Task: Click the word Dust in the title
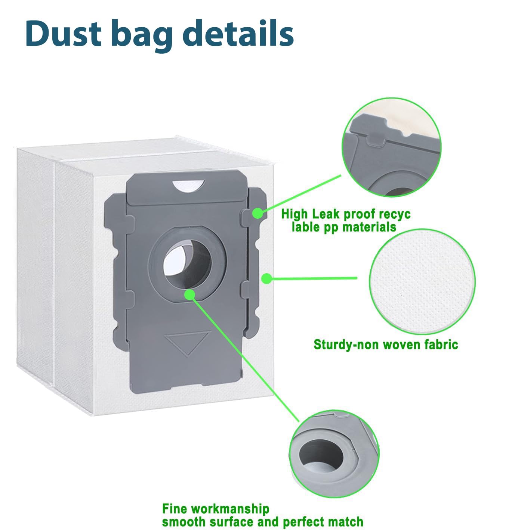[x=64, y=33]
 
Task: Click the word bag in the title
[x=142, y=35]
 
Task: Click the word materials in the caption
[x=369, y=227]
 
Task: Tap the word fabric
[x=441, y=344]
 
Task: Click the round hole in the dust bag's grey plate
[x=187, y=264]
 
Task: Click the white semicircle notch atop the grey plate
[x=188, y=185]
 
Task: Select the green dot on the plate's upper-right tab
[x=257, y=213]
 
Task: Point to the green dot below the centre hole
[x=190, y=295]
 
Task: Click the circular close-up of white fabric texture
[x=422, y=282]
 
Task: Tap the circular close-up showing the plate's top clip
[x=391, y=147]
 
